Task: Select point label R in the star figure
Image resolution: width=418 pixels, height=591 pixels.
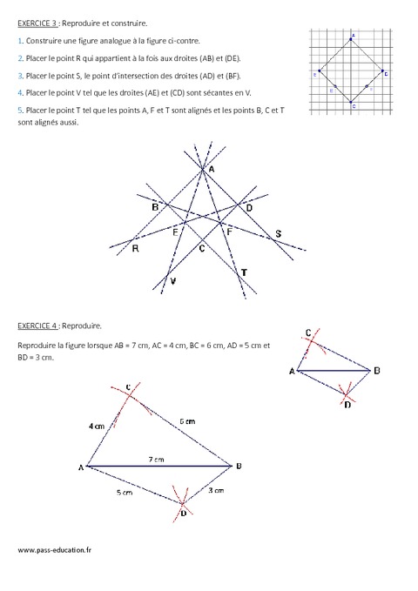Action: pyautogui.click(x=136, y=248)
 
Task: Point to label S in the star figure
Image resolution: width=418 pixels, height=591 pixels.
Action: pyautogui.click(x=278, y=234)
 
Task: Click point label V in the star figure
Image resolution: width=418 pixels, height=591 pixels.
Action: pyautogui.click(x=172, y=282)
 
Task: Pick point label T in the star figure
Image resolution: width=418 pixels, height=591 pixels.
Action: pyautogui.click(x=244, y=273)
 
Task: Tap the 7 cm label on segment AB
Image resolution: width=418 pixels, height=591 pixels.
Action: pyautogui.click(x=154, y=459)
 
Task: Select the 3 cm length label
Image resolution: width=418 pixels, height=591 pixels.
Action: pyautogui.click(x=217, y=491)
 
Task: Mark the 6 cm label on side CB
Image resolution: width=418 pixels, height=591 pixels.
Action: pyautogui.click(x=185, y=420)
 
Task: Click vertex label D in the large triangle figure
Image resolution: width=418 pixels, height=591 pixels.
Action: pyautogui.click(x=184, y=514)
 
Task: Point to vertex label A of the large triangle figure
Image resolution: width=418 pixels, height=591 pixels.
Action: pyautogui.click(x=80, y=468)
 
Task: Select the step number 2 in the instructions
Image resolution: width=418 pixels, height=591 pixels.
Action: pyautogui.click(x=18, y=57)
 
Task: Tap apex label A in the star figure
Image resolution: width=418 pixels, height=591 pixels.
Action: pyautogui.click(x=209, y=170)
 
